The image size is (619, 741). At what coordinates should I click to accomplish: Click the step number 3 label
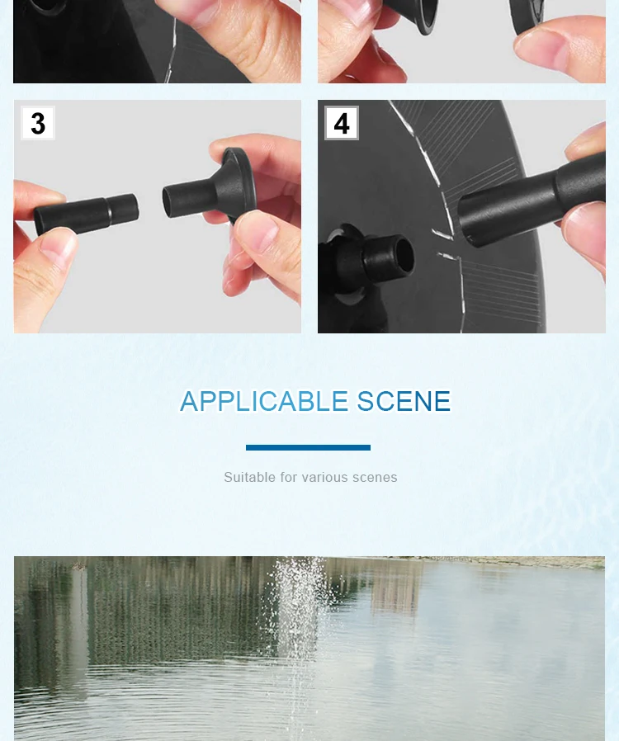[38, 123]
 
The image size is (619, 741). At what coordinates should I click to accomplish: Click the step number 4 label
[342, 123]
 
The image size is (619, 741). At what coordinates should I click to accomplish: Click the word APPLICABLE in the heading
[264, 401]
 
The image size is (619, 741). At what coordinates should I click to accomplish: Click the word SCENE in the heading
[404, 401]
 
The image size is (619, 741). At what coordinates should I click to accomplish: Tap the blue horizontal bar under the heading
[308, 447]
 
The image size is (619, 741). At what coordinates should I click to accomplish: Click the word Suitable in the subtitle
[249, 477]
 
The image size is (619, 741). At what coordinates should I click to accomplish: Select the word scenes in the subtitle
[375, 478]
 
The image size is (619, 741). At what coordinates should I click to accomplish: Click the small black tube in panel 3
[87, 214]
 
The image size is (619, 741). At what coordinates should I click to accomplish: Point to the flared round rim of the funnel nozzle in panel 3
[243, 182]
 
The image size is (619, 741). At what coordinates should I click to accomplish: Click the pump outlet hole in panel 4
[403, 255]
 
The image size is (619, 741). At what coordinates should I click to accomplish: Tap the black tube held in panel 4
[532, 199]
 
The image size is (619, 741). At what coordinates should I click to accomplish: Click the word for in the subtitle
[289, 477]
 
